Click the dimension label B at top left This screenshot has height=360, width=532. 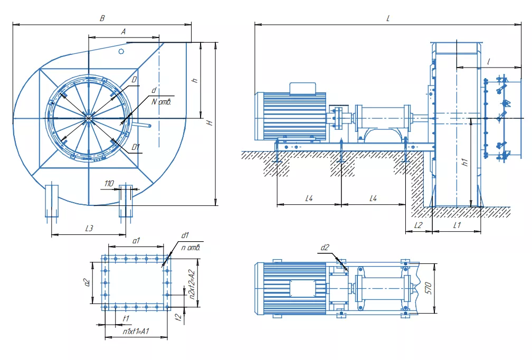click(102, 18)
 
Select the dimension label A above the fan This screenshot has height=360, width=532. click(123, 32)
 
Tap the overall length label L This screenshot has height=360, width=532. click(388, 18)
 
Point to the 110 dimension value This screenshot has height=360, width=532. click(109, 184)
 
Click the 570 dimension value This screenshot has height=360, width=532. click(428, 288)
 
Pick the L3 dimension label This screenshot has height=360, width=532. click(89, 229)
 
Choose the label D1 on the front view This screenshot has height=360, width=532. click(136, 147)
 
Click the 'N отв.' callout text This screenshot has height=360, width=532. click(161, 102)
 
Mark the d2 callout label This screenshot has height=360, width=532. click(325, 248)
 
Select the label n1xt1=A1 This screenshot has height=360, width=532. click(136, 331)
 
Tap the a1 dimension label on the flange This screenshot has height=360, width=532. click(136, 241)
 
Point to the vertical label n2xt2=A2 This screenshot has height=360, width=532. click(192, 285)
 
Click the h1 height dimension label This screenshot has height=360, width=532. click(465, 162)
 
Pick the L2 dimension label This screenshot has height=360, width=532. click(419, 225)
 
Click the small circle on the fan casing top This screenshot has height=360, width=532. click(121, 51)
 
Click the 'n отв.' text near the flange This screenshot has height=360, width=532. click(191, 248)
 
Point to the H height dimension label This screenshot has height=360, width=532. click(210, 122)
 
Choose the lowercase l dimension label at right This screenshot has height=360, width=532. click(489, 61)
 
